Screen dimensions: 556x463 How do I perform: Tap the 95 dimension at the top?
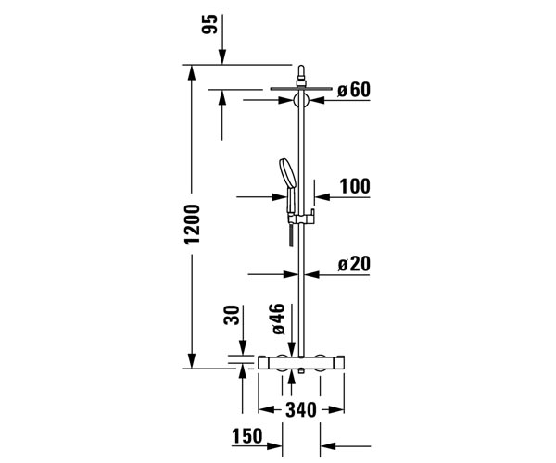[x=208, y=24]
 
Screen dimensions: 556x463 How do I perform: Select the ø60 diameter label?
[x=354, y=90]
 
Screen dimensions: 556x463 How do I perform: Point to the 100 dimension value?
[x=355, y=186]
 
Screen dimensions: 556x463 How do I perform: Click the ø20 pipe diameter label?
[x=354, y=264]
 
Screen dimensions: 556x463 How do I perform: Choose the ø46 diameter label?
[x=278, y=319]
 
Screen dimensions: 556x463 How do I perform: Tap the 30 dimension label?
[x=232, y=315]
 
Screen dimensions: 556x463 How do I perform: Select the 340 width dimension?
[x=301, y=410]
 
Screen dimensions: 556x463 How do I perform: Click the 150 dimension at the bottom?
[x=247, y=436]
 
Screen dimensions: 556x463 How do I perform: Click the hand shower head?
[x=288, y=172]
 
